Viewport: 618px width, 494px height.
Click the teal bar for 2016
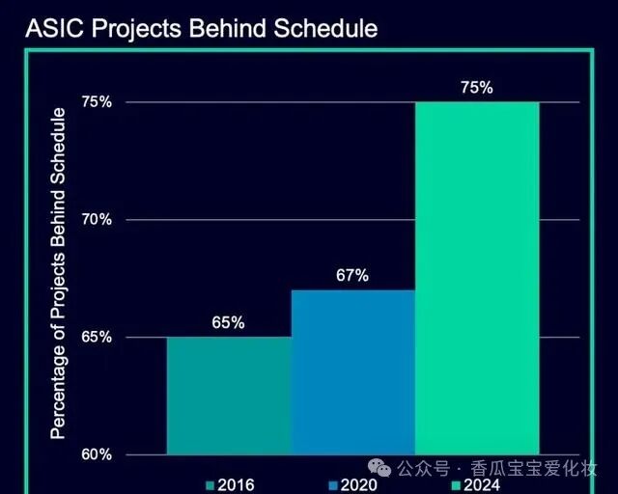229,396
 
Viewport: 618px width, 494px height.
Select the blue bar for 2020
352,371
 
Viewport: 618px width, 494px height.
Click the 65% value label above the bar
229,323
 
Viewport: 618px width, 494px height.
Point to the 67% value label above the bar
352,276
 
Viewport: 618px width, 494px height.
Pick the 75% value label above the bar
477,88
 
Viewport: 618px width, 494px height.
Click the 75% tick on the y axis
98,102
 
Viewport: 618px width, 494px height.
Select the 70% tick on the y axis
98,220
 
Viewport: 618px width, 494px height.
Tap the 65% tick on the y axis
98,338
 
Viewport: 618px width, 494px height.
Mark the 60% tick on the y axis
98,454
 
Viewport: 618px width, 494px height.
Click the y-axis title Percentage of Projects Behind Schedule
59,274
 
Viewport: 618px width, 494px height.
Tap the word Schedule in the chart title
323,29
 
